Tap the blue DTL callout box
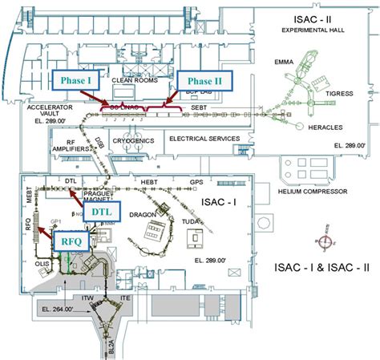101,211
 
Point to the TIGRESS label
341,93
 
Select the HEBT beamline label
148,182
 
